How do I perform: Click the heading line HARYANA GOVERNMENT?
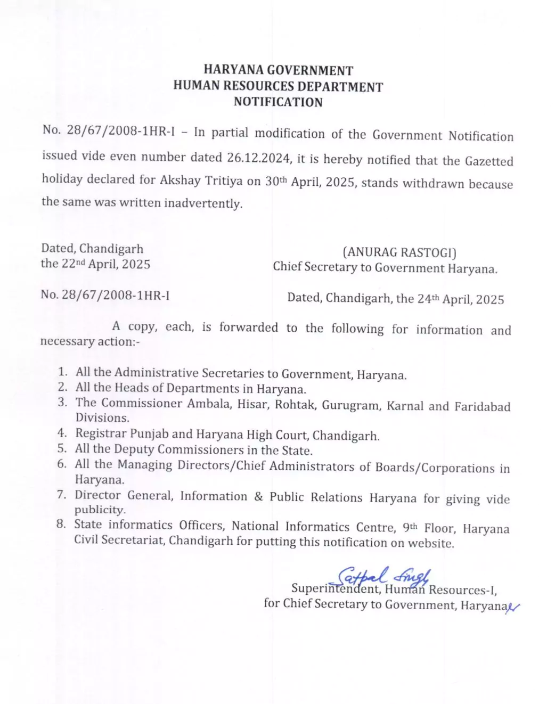(x=278, y=70)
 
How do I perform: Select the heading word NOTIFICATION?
(x=278, y=102)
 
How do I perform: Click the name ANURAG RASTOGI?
(x=399, y=252)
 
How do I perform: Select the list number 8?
(x=61, y=524)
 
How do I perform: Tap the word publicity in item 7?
(x=100, y=510)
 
